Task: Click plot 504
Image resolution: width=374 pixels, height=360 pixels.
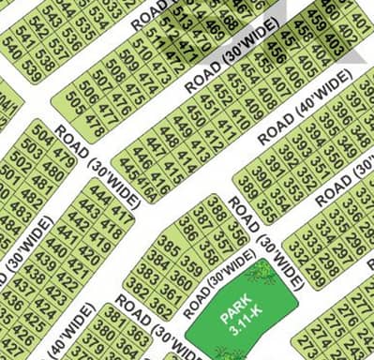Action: coord(42,130)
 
